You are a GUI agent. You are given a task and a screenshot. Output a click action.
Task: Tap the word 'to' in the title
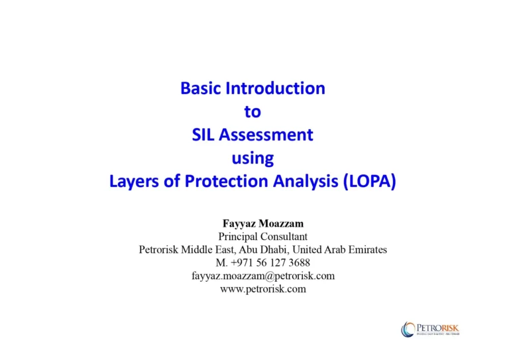253,112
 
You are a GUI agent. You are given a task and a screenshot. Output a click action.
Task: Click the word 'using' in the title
253,159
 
